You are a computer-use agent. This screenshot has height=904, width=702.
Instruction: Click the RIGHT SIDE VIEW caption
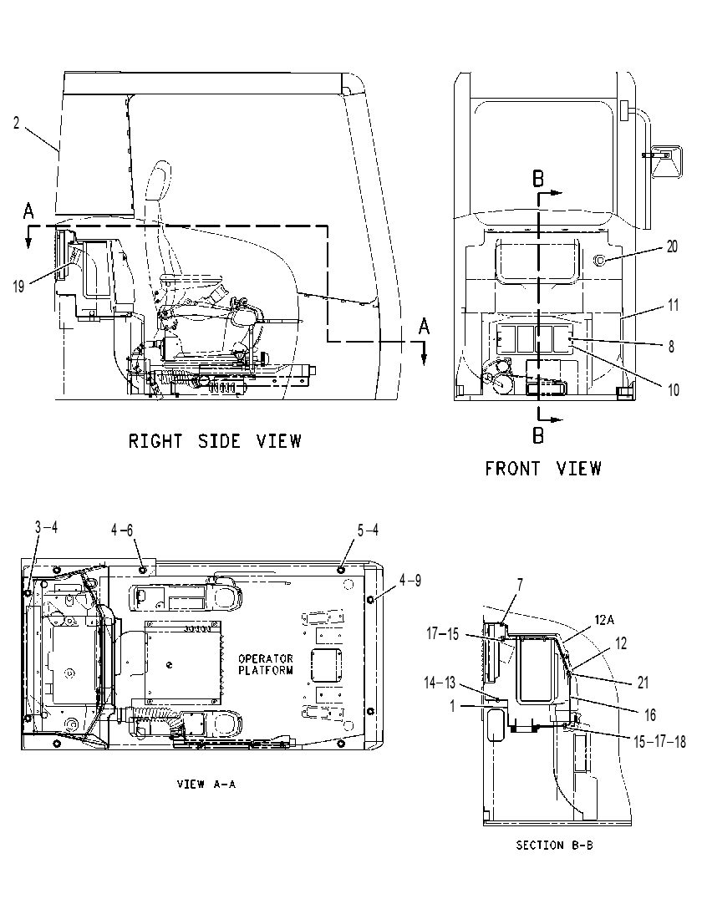(x=215, y=441)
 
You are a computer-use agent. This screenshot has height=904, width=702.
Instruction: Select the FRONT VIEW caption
(x=542, y=468)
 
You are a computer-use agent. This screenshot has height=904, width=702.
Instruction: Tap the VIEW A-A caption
(x=206, y=784)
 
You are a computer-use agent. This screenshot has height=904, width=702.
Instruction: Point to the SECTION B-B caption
(x=554, y=846)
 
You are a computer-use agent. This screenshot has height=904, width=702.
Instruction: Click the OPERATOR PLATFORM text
(x=266, y=664)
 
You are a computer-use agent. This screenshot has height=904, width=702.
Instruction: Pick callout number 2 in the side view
(x=17, y=123)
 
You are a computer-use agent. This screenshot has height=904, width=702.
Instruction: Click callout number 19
(x=18, y=286)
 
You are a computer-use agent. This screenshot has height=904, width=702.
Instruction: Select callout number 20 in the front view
(x=672, y=246)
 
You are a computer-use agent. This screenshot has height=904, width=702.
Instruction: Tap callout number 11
(x=673, y=305)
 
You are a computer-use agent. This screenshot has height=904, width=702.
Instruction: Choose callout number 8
(x=671, y=347)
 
